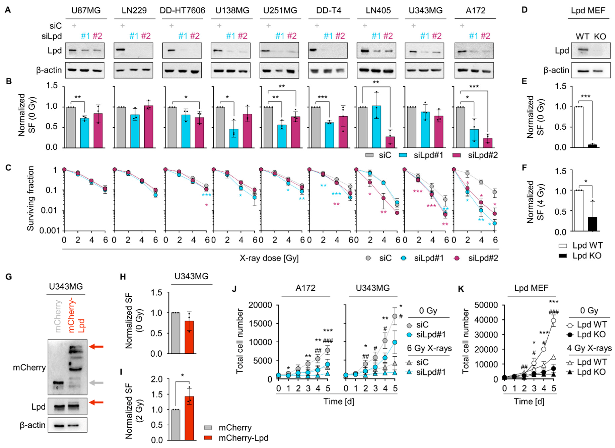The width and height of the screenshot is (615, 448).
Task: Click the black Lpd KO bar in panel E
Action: point(592,146)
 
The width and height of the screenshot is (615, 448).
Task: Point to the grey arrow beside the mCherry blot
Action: point(96,383)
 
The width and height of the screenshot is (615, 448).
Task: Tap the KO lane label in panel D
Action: point(600,36)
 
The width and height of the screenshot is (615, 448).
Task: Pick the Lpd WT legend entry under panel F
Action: point(580,246)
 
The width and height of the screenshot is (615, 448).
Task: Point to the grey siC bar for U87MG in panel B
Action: point(71,127)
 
